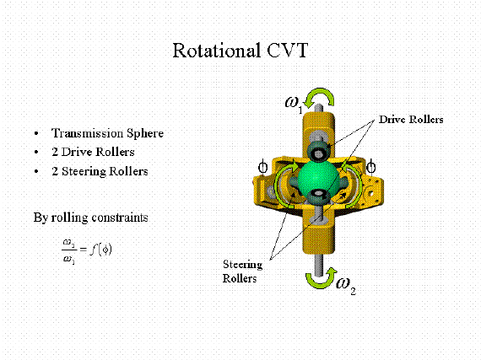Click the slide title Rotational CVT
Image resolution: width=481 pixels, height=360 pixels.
240,51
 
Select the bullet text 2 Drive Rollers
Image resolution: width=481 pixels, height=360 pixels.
94,152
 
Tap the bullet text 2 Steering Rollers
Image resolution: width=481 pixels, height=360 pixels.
100,171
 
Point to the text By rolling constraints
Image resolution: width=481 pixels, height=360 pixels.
91,218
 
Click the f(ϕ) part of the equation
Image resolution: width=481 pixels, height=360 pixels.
100,250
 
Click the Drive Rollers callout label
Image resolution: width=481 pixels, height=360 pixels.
411,120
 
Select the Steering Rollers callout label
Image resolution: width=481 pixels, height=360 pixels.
242,271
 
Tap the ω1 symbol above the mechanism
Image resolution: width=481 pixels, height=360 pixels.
295,104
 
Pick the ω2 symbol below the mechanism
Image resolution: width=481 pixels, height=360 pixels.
346,285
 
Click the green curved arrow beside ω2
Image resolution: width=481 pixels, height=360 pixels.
322,279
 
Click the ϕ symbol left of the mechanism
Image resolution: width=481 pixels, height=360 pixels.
263,168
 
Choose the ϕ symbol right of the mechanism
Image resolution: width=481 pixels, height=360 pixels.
371,167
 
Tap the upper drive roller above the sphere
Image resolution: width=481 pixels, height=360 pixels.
319,151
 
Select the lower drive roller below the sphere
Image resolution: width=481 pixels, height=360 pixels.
319,196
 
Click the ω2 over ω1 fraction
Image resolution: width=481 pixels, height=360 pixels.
69,250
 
